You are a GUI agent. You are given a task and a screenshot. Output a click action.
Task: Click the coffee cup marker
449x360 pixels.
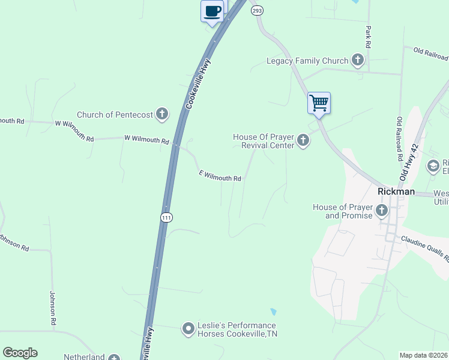[212, 11]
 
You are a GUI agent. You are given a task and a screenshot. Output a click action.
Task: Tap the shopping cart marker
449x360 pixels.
[319, 103]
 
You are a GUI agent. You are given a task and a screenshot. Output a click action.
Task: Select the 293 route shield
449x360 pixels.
[257, 10]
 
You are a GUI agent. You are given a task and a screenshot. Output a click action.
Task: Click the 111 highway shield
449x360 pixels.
[166, 218]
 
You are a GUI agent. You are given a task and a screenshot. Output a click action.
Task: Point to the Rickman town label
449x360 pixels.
[396, 191]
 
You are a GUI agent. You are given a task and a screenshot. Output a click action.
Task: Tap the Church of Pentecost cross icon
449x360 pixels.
[162, 113]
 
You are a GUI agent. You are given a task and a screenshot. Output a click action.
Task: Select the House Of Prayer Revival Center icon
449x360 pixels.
[303, 141]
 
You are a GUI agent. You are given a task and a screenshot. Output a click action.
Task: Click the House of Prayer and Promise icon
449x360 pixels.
[382, 210]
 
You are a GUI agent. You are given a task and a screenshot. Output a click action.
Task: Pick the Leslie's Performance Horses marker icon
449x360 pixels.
[188, 328]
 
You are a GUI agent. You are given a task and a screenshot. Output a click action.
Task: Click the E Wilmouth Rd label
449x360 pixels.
[220, 176]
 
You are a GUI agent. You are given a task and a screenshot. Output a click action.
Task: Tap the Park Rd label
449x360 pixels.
[368, 37]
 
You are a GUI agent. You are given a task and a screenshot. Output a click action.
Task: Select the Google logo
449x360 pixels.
[20, 353]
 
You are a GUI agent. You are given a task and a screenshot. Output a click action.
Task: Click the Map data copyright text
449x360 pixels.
[424, 355]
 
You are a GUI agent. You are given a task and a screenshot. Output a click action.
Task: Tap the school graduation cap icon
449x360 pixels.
[433, 166]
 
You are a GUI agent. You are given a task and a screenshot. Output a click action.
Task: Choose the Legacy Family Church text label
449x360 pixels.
[307, 61]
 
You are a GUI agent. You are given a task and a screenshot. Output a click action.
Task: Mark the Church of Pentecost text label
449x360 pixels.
[115, 115]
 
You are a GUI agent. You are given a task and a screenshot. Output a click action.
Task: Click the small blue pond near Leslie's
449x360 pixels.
[274, 312]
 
